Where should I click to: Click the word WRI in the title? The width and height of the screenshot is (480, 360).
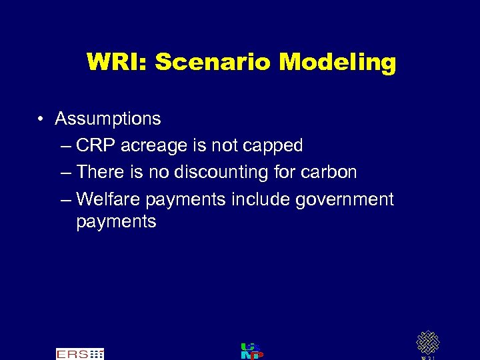(x=117, y=63)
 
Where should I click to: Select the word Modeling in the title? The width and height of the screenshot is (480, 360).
(x=337, y=63)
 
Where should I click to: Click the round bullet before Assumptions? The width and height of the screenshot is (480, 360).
(x=41, y=119)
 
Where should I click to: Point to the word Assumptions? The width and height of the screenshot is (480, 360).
(x=108, y=119)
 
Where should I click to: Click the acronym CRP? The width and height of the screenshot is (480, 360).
(x=96, y=145)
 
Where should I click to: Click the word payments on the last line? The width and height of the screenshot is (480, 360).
(x=116, y=222)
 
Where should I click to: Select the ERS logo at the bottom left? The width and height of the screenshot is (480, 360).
(x=79, y=353)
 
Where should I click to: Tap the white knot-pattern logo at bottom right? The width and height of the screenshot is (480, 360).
(x=427, y=343)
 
